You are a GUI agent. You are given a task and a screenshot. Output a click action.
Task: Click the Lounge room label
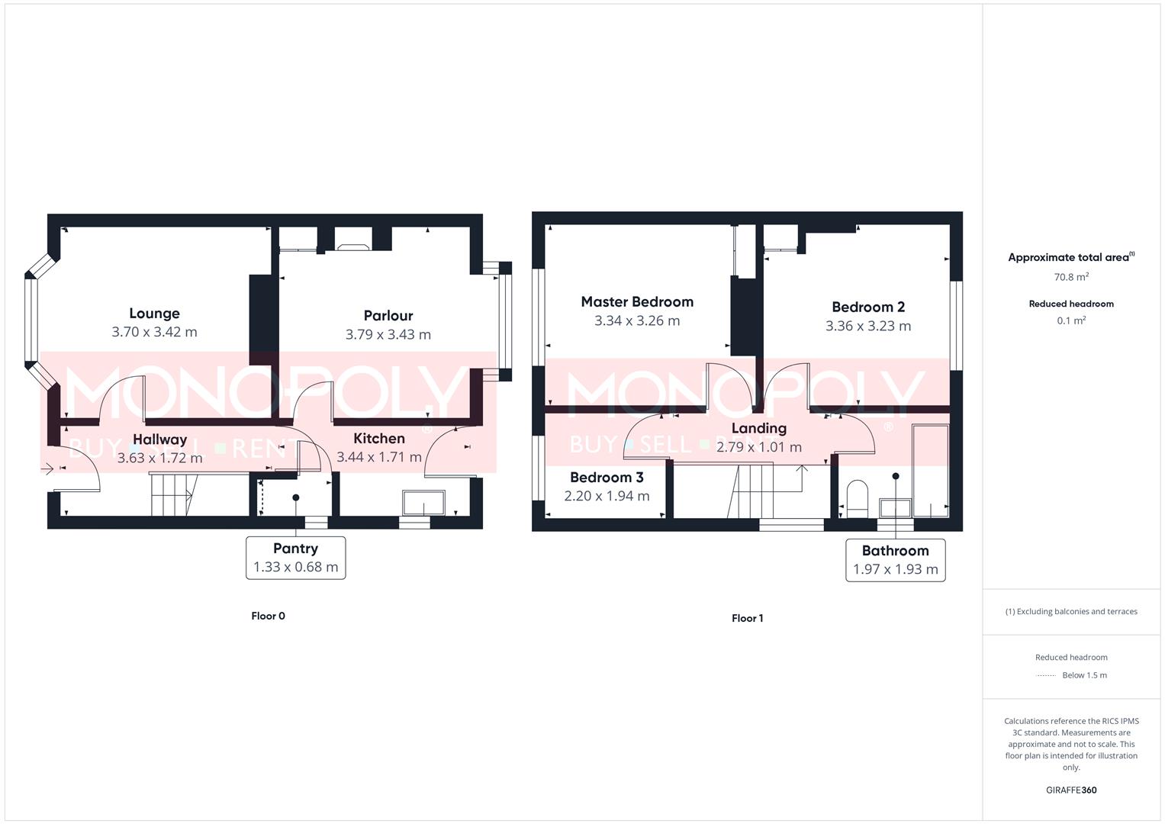[154, 314]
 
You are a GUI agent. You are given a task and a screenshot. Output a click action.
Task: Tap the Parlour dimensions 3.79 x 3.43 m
[388, 334]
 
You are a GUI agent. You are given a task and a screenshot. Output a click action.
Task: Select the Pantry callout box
[295, 558]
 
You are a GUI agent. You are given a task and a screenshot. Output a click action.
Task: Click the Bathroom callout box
[895, 560]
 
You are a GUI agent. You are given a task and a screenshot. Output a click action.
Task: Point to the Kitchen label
[379, 439]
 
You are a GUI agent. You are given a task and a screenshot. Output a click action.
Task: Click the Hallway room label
[159, 439]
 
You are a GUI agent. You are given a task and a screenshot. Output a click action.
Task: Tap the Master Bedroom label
[637, 302]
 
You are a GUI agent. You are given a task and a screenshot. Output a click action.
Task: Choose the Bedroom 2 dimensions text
[867, 326]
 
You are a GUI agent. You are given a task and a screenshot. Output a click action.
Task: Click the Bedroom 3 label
[607, 478]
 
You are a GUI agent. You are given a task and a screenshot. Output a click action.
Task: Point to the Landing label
[758, 429]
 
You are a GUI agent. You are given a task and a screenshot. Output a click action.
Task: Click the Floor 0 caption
[268, 616]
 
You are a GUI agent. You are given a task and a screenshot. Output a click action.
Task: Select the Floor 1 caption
[747, 618]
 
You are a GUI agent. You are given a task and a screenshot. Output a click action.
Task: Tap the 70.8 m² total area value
[1071, 277]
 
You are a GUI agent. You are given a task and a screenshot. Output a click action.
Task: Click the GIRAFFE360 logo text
[1071, 790]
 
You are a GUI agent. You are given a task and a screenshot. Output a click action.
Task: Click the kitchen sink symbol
[423, 504]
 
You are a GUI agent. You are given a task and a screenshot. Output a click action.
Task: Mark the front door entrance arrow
[48, 468]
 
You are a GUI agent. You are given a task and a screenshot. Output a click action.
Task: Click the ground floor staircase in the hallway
[172, 494]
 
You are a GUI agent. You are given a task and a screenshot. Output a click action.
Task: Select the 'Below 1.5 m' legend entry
[1083, 675]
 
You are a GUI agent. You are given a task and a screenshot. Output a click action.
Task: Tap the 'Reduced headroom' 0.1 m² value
[1071, 321]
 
